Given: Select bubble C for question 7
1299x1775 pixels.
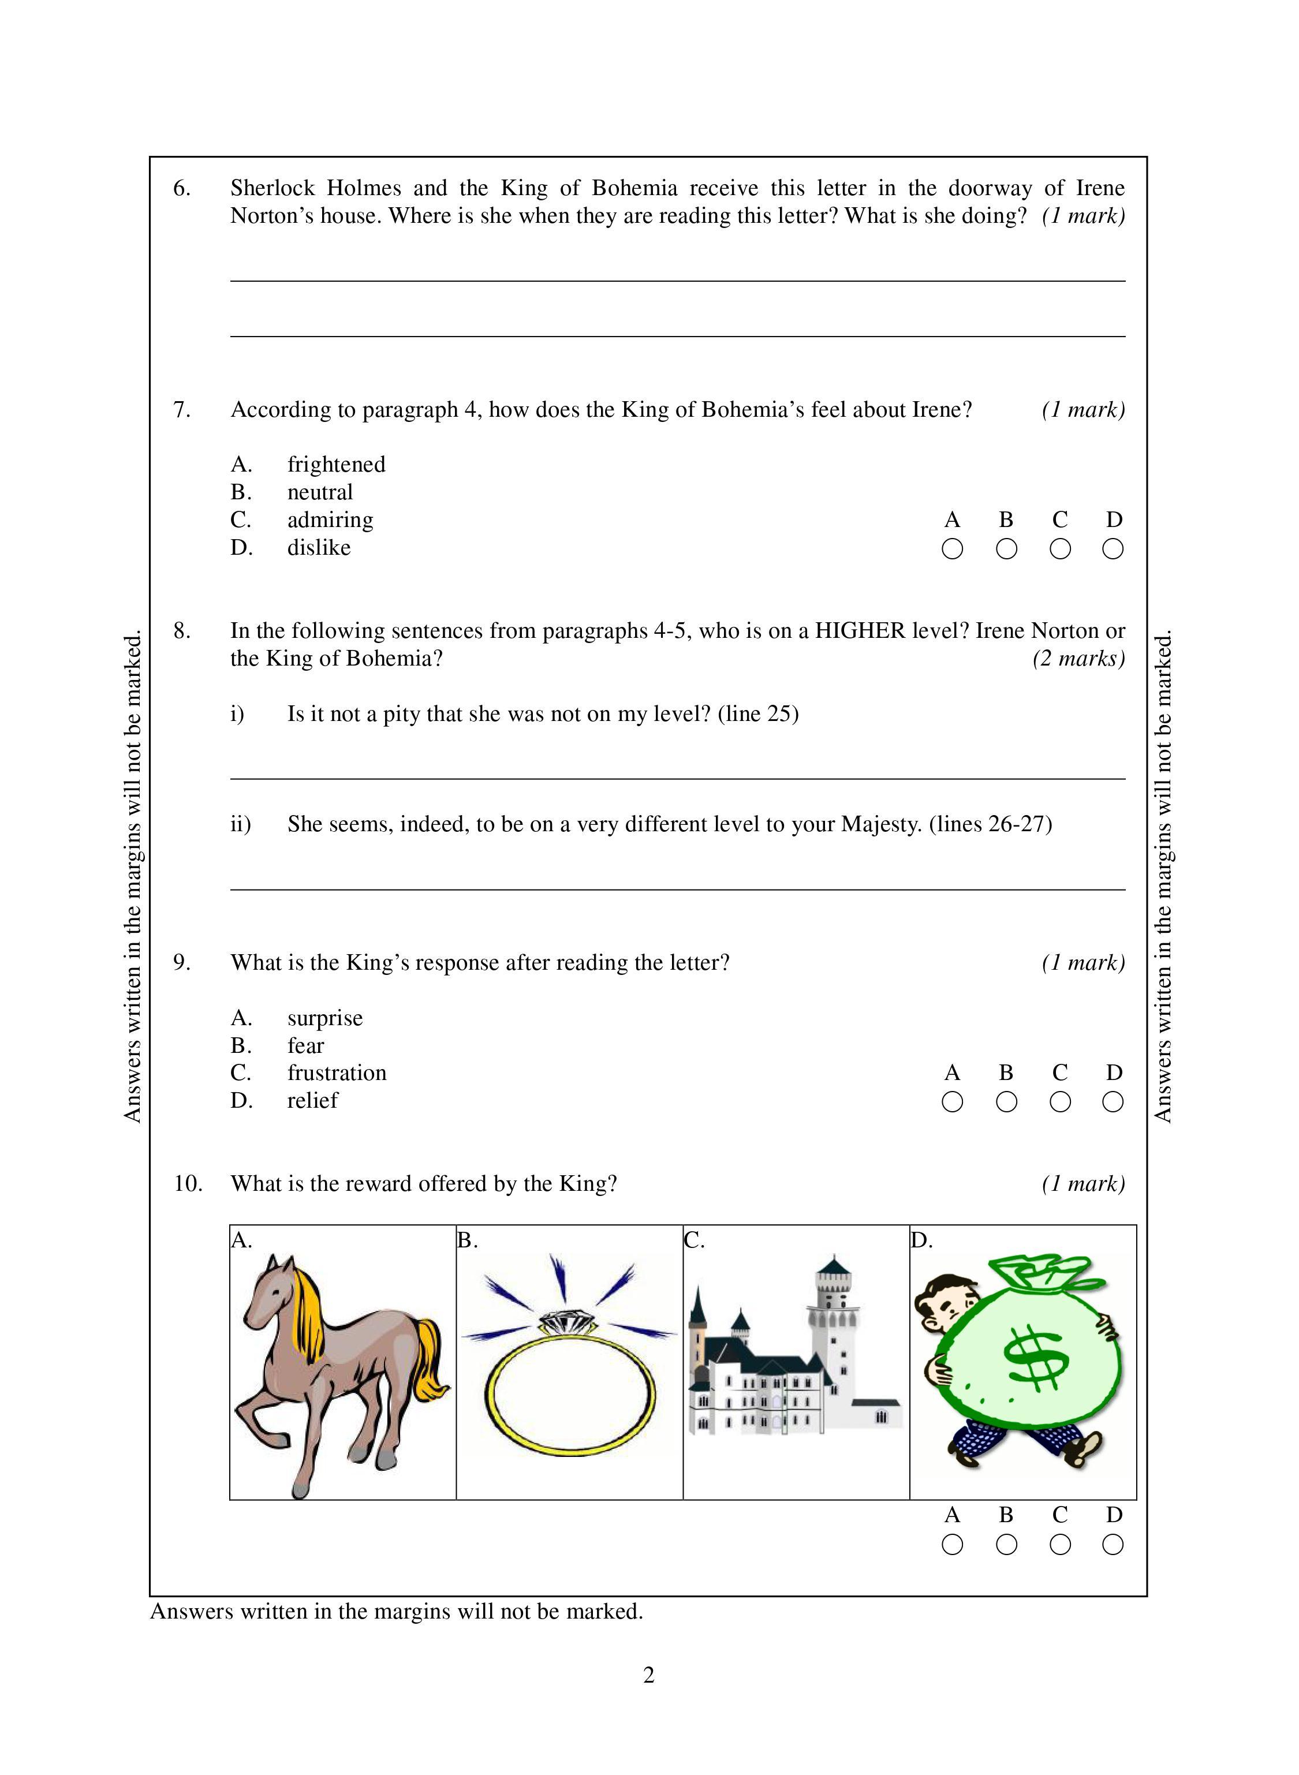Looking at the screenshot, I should click(1059, 549).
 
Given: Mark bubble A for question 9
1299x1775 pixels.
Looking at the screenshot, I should click(951, 1102).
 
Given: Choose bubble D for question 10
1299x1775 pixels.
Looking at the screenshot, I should click(1113, 1545).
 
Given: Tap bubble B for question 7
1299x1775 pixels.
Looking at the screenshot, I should click(1006, 549).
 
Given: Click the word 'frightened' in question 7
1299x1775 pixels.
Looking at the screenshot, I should click(336, 465).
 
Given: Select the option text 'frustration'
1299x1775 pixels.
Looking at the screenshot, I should click(337, 1073).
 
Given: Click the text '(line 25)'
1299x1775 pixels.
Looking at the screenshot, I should click(758, 714).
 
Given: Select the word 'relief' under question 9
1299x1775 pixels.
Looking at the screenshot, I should click(312, 1101).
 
